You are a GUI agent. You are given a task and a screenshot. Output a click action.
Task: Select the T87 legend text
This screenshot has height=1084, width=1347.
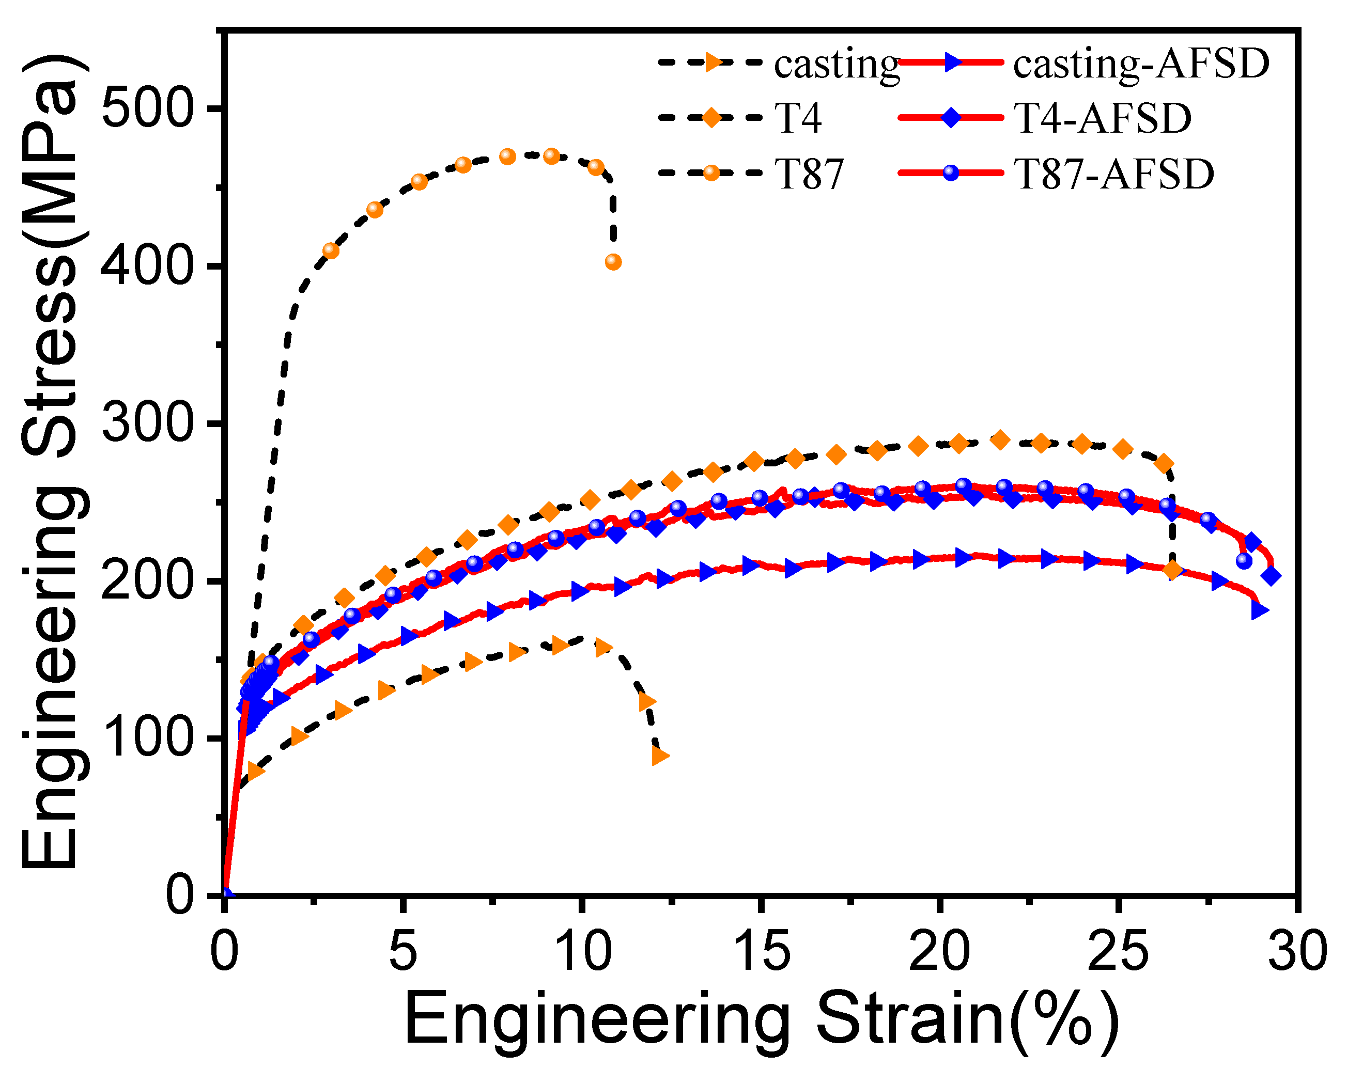pyautogui.click(x=809, y=174)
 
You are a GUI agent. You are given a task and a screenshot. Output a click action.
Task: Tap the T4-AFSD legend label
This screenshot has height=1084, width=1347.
pyautogui.click(x=1102, y=119)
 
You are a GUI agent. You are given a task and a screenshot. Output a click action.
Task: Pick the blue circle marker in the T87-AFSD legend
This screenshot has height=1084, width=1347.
pyautogui.click(x=950, y=173)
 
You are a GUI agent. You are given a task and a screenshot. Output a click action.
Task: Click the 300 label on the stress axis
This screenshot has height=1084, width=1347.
pyautogui.click(x=145, y=424)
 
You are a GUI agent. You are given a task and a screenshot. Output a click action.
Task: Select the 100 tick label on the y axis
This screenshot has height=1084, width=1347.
pyautogui.click(x=145, y=739)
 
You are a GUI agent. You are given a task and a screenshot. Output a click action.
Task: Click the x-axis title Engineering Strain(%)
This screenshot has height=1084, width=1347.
pyautogui.click(x=761, y=1022)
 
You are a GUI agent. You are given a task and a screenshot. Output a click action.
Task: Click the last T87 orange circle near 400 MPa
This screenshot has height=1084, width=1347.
pyautogui.click(x=613, y=262)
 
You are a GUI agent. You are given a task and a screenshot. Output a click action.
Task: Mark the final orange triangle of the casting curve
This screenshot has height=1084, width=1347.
pyautogui.click(x=660, y=756)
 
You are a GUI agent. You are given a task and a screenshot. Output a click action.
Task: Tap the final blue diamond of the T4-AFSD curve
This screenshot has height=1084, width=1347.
pyautogui.click(x=1271, y=576)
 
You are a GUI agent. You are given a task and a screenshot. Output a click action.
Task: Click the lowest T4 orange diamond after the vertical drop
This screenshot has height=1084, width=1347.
pyautogui.click(x=1172, y=570)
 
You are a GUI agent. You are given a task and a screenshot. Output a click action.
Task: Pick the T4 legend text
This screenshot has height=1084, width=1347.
pyautogui.click(x=798, y=119)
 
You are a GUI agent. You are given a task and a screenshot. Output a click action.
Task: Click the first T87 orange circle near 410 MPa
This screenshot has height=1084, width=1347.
pyautogui.click(x=331, y=251)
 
